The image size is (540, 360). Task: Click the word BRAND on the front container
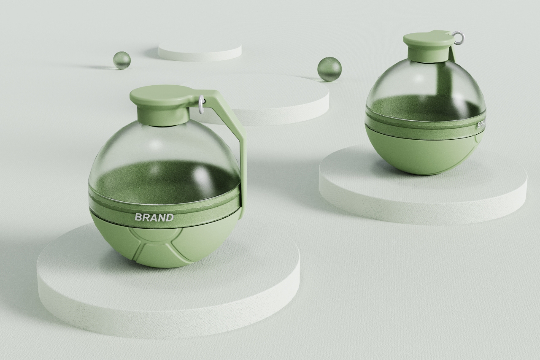(x=154, y=218)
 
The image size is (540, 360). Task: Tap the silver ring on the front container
(x=201, y=103)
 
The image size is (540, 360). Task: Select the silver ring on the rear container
(x=458, y=38)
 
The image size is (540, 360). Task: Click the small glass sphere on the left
(x=122, y=60)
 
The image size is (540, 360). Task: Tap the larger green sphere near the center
(x=329, y=69)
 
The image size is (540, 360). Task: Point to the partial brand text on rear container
(x=481, y=125)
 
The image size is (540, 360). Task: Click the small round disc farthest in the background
(x=200, y=51)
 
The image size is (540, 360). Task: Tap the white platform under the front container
(x=169, y=295)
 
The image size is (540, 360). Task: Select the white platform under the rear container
(x=422, y=198)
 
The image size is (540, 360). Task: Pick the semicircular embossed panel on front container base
(x=152, y=235)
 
